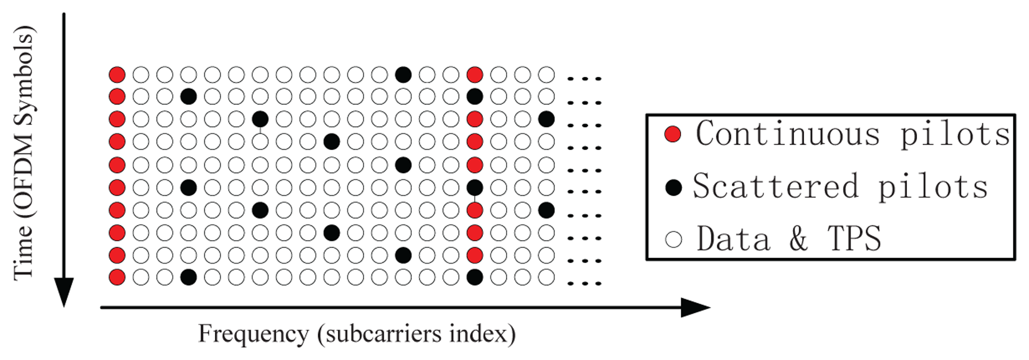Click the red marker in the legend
tap(673, 134)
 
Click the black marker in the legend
tap(673, 187)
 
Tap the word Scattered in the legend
tap(776, 186)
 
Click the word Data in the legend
tap(733, 238)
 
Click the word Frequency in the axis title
tap(253, 334)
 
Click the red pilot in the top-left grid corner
tap(117, 75)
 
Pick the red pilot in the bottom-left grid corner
tap(117, 277)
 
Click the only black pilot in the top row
tap(403, 75)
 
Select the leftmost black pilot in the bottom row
tap(188, 277)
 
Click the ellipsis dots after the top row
tap(584, 79)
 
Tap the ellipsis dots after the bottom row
tap(584, 284)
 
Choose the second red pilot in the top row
tap(474, 75)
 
